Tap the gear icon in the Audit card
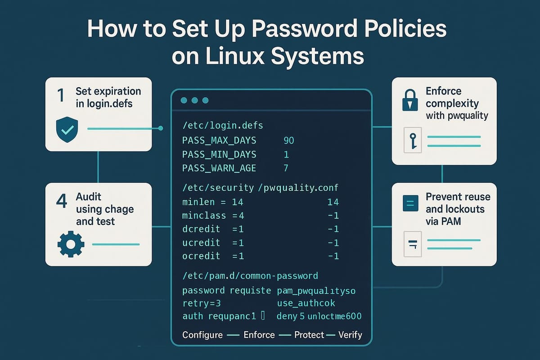(x=71, y=244)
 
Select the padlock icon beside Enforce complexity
(x=410, y=102)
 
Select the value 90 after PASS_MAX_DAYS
(x=288, y=140)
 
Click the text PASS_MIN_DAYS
(x=219, y=154)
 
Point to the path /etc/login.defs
(x=217, y=125)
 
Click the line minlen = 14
(x=207, y=202)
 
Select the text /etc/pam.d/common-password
(x=250, y=275)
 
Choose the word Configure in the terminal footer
(x=202, y=335)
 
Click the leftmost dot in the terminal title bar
(x=184, y=100)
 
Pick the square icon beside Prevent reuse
(x=410, y=203)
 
